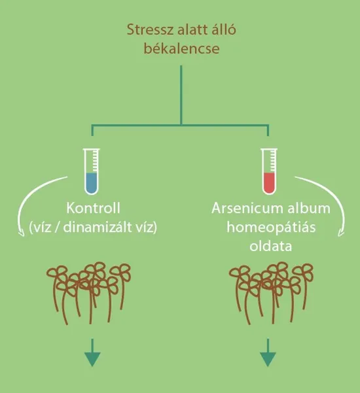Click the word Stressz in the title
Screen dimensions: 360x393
[x=150, y=30]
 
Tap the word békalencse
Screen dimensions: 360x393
[x=181, y=48]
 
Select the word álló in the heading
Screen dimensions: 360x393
[x=223, y=29]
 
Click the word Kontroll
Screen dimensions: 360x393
[x=94, y=209]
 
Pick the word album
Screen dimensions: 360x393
[x=309, y=209]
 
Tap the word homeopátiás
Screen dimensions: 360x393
[x=271, y=228]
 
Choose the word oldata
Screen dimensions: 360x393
[x=271, y=247]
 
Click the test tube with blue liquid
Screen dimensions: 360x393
[x=92, y=171]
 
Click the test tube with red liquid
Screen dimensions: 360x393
[x=269, y=171]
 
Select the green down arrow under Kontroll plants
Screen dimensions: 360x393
[x=92, y=352]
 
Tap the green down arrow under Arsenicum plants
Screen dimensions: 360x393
[x=268, y=352]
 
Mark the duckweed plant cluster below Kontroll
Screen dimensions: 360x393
[x=88, y=293]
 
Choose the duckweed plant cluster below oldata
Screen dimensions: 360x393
[x=271, y=293]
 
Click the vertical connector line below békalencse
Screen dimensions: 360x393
[x=181, y=95]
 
